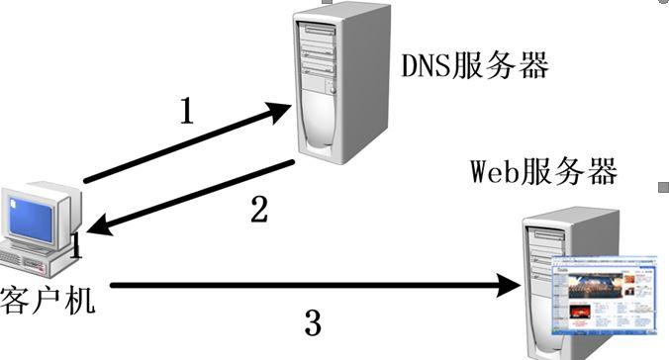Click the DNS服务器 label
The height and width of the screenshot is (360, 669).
pyautogui.click(x=474, y=66)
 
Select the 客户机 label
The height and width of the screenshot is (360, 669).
pyautogui.click(x=48, y=298)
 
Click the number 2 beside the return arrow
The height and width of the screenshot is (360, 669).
pyautogui.click(x=258, y=210)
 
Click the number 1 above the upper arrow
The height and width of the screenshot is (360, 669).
pyautogui.click(x=187, y=111)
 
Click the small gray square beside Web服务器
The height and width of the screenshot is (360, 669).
pyautogui.click(x=662, y=186)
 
